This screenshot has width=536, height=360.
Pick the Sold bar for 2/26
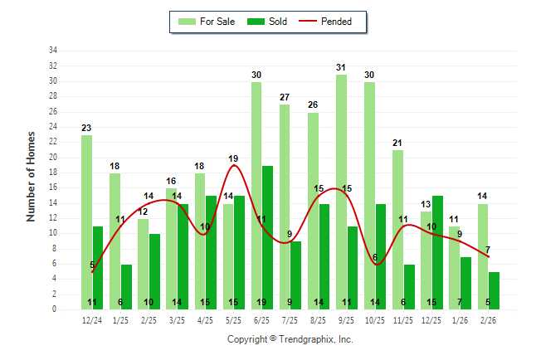tap(494, 290)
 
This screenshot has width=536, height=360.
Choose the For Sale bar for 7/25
tap(285, 207)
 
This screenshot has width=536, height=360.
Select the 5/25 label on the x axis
tap(234, 320)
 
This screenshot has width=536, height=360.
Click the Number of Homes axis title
tap(32, 176)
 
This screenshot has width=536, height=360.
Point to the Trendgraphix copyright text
tap(290, 339)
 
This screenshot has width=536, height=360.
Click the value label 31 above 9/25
tap(341, 67)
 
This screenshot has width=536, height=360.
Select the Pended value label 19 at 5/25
tap(233, 158)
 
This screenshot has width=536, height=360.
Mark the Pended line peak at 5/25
tap(234, 165)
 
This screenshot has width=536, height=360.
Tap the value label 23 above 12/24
tap(86, 128)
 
